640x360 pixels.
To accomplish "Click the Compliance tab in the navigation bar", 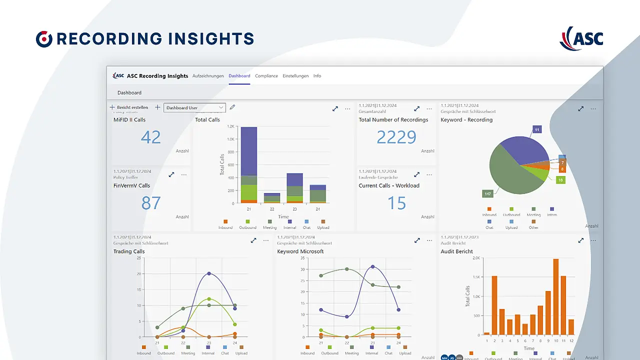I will point(266,76).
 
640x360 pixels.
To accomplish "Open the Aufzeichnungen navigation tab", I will point(208,76).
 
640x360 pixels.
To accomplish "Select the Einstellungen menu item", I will point(295,76).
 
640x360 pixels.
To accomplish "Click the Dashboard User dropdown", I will point(194,107).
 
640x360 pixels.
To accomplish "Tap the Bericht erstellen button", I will point(129,107).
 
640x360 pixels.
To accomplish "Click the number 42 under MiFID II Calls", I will point(150,137).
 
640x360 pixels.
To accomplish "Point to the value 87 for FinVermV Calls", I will point(150,203).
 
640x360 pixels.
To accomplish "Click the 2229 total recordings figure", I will point(396,137).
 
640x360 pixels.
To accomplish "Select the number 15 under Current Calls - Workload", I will point(396,203).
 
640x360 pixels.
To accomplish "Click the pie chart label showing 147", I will point(487,193).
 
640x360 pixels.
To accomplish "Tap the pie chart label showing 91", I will point(537,130).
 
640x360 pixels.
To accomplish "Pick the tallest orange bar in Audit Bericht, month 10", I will point(555,296).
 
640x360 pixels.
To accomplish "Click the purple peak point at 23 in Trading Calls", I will point(209,273).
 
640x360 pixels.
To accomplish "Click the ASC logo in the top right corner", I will point(581,38).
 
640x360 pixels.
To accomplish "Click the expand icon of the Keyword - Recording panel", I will point(581,108).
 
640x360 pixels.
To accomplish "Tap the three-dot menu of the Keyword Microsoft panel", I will point(429,240).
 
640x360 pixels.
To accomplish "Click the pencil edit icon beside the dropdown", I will point(232,107).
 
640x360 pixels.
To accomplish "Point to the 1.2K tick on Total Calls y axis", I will point(230,126).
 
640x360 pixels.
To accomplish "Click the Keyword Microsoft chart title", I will point(300,251).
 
